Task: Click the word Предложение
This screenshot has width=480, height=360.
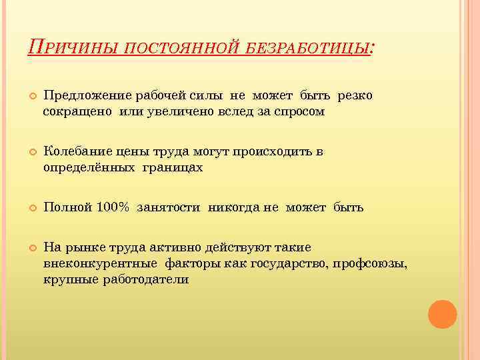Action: [x=83, y=96]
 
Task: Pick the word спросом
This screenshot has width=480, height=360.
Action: [x=299, y=112]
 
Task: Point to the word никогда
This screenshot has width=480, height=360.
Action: [x=235, y=207]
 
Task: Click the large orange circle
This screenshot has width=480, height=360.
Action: [x=442, y=313]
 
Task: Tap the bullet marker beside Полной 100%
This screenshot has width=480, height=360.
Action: [x=32, y=208]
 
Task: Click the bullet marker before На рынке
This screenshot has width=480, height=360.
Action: [x=32, y=248]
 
